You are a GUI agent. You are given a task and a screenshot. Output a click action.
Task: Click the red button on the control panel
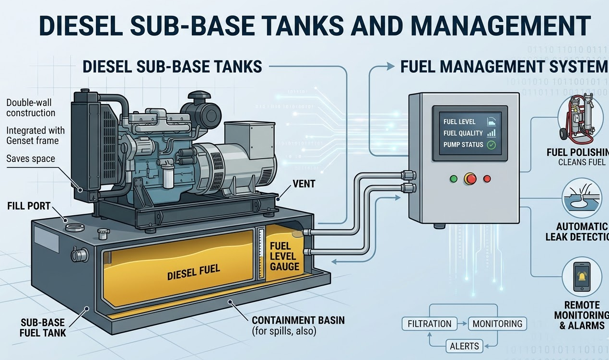click(470, 179)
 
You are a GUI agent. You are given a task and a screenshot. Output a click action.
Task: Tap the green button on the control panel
click(453, 179)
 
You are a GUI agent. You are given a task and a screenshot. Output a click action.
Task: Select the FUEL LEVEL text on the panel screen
click(459, 122)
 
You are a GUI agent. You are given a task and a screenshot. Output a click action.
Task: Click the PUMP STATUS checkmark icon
click(491, 145)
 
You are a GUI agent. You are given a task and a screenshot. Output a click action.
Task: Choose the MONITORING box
click(497, 324)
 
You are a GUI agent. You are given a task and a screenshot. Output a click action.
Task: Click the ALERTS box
click(464, 346)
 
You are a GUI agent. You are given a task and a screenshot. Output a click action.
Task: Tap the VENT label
click(303, 184)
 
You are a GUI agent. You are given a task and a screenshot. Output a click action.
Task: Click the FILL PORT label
click(29, 206)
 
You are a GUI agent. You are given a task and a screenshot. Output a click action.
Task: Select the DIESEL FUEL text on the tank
click(194, 272)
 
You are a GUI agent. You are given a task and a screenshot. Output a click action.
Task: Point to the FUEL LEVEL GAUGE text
click(284, 256)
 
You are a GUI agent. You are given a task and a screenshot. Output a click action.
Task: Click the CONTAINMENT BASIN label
click(298, 320)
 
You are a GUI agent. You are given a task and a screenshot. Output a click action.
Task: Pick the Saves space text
click(31, 159)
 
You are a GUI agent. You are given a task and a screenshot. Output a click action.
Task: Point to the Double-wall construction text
click(31, 108)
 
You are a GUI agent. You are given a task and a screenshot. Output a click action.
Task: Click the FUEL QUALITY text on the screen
click(463, 133)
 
